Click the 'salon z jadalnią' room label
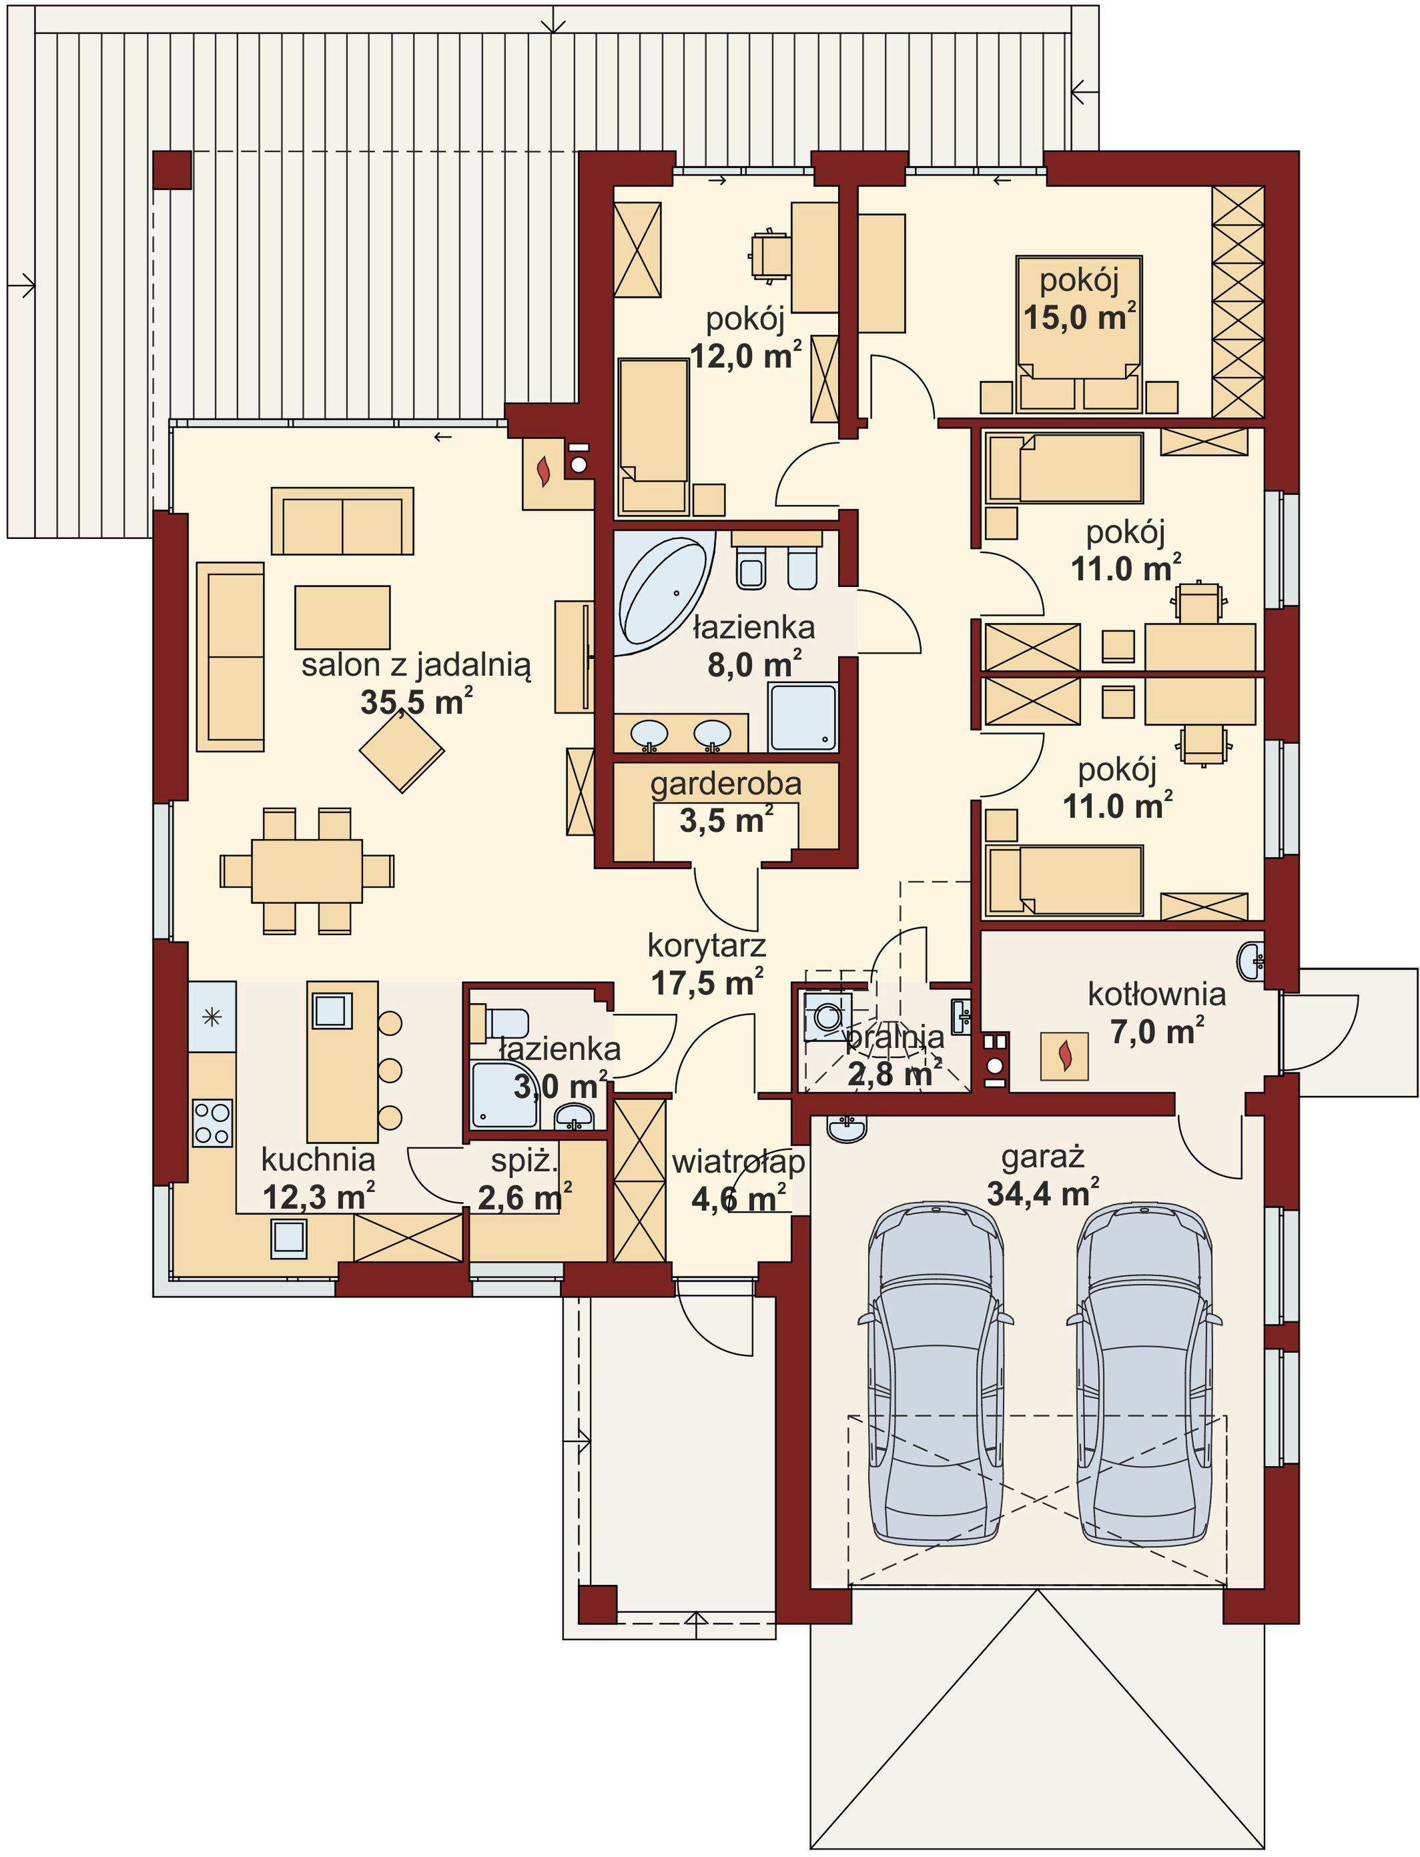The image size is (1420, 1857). [x=416, y=666]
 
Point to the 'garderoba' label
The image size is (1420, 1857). [x=726, y=784]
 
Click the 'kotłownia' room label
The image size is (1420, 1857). [x=1156, y=995]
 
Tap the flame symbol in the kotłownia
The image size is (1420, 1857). [x=1065, y=1055]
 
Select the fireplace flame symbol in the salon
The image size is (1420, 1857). [x=545, y=472]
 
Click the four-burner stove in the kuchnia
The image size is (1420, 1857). [x=212, y=1123]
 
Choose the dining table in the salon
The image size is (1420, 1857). [x=307, y=870]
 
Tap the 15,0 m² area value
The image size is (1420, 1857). [x=1080, y=317]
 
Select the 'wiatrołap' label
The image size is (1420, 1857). [x=738, y=1163]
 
